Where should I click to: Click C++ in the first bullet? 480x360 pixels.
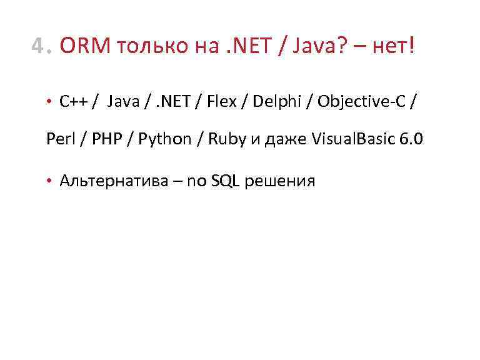coord(73,101)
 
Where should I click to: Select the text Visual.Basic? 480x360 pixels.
coord(353,139)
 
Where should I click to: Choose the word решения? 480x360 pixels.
coord(280,181)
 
